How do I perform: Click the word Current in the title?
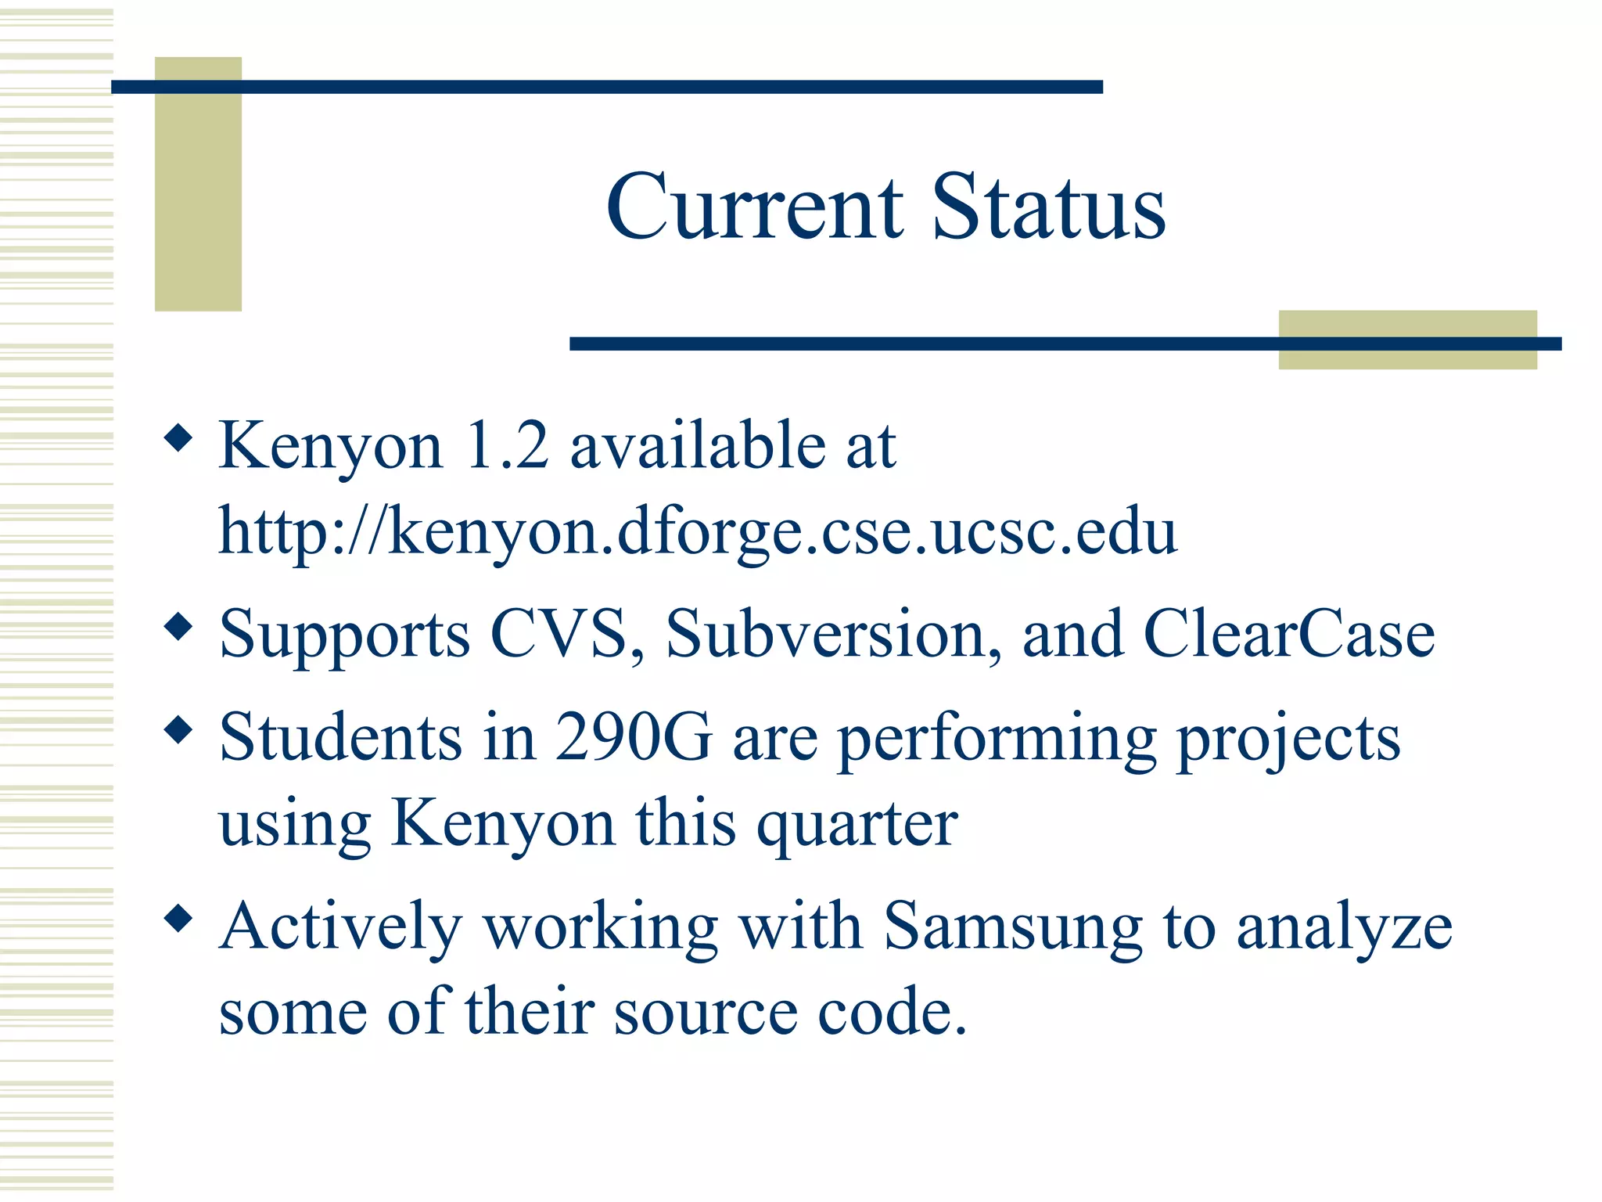[x=755, y=207]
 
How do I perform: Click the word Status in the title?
[x=1048, y=207]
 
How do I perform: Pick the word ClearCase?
[x=1289, y=634]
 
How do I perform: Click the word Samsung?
[x=1014, y=927]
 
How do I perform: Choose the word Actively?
[x=341, y=927]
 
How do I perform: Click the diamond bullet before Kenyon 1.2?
[x=179, y=437]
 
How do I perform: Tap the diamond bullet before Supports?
[x=179, y=626]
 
